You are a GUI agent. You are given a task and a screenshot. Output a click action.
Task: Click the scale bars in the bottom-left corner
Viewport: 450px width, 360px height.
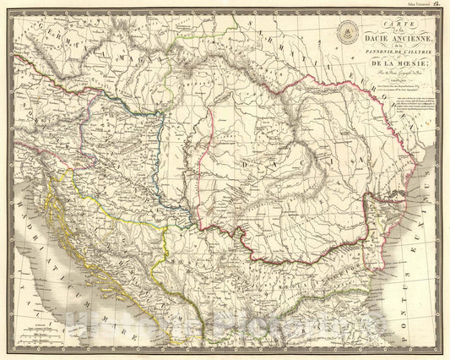[41, 333]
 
